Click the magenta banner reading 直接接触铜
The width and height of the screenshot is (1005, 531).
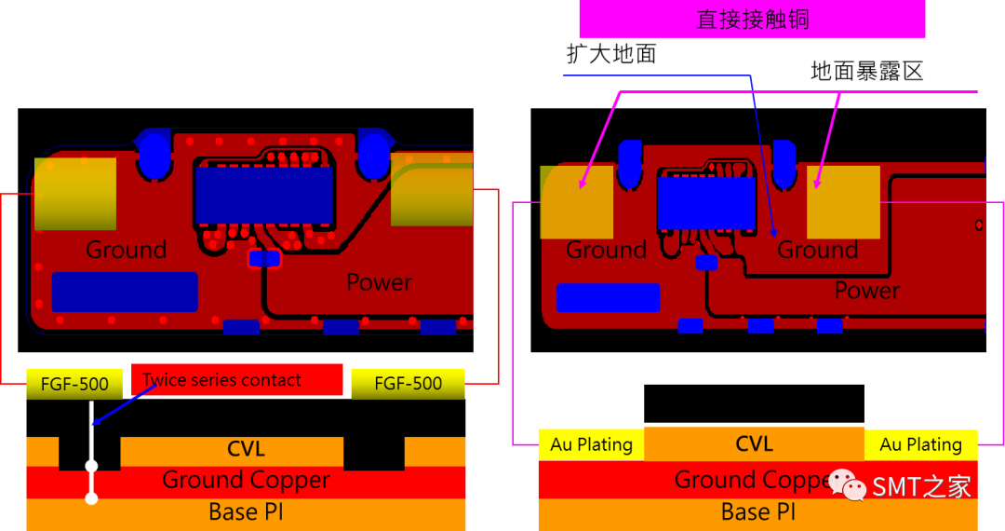pos(752,19)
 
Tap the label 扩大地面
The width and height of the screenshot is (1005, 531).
pos(611,54)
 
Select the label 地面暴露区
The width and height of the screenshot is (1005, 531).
pos(866,71)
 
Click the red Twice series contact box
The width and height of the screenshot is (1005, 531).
pos(237,380)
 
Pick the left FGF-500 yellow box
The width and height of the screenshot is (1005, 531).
pos(74,383)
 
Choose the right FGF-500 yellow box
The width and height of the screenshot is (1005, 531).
pos(409,383)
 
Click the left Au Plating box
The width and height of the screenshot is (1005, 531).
pos(591,444)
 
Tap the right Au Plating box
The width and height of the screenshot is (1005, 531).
pos(920,444)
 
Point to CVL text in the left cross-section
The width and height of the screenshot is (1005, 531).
pos(246,450)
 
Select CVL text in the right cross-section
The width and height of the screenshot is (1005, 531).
pos(754,444)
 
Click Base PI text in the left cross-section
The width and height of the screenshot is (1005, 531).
pos(246,511)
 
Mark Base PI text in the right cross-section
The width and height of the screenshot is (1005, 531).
pos(758,511)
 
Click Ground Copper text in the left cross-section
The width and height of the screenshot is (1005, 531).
pos(246,480)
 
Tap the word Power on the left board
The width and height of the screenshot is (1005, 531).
pos(379,281)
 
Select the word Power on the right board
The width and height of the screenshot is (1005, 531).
pos(866,291)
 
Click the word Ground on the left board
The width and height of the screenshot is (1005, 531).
pos(126,250)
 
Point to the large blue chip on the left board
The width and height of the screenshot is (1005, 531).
pos(264,195)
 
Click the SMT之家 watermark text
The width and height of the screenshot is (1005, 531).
pos(920,486)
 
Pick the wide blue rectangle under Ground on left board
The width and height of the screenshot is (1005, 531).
pos(125,292)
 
